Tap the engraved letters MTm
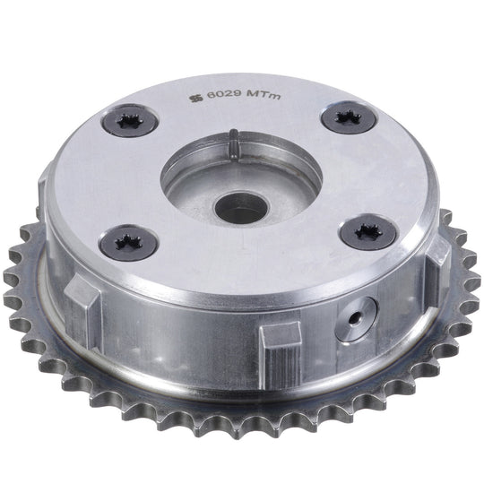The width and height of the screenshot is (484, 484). click(x=264, y=95)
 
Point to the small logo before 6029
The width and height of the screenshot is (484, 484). click(x=195, y=99)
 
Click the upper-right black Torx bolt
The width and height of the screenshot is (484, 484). click(x=349, y=117)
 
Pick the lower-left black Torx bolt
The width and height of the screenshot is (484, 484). click(x=129, y=242)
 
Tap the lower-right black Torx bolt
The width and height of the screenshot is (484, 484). click(x=368, y=231)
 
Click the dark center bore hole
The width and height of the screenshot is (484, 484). click(x=242, y=209)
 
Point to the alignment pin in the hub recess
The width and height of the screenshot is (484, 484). click(x=234, y=144)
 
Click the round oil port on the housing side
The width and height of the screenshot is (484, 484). click(x=357, y=319)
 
